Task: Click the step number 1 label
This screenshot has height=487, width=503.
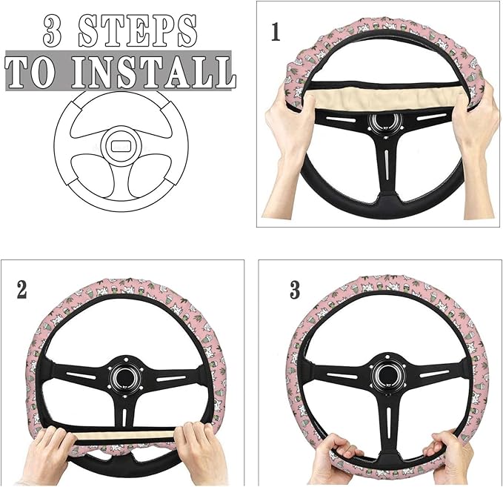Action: (276, 33)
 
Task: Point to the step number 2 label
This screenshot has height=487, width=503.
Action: (22, 290)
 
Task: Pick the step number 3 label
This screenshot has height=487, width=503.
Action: (294, 290)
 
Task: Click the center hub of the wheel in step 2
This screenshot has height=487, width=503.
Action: (124, 374)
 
